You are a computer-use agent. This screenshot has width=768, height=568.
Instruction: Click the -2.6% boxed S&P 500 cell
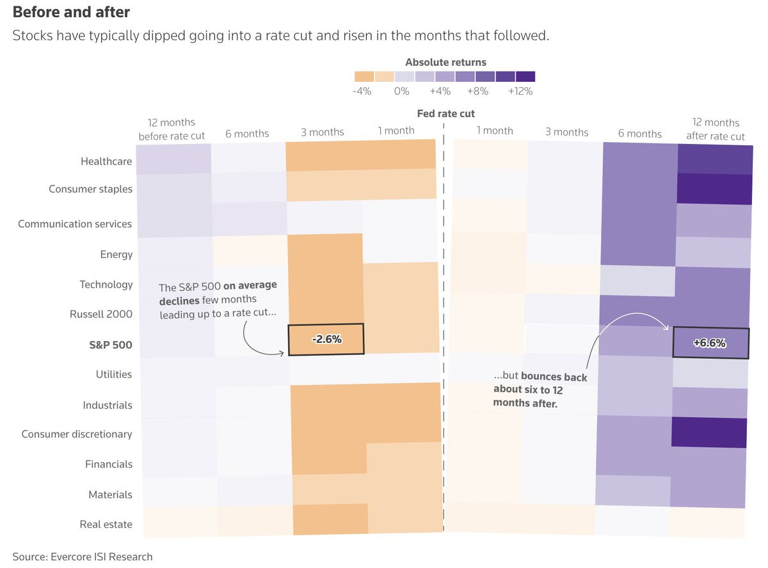326,339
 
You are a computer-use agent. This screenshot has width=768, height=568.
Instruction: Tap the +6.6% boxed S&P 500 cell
710,343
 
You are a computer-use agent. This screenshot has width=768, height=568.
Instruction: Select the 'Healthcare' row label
106,161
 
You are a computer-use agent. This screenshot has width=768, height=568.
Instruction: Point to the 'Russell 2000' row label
101,314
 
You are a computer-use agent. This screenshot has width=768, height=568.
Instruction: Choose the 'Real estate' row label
106,525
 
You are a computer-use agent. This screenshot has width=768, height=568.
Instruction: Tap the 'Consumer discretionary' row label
77,434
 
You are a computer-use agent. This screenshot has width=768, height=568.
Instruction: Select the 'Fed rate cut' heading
445,114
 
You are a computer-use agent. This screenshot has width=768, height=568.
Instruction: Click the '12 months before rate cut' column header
171,129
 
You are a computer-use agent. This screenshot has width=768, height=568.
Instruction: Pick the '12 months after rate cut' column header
716,129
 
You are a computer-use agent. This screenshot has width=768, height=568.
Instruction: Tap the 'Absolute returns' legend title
445,62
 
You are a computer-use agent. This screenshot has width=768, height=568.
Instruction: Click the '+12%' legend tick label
520,91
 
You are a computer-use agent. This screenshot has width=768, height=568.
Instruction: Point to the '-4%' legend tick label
362,91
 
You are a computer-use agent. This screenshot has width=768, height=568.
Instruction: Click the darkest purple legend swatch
525,77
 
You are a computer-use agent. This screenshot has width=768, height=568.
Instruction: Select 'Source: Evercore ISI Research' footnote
83,556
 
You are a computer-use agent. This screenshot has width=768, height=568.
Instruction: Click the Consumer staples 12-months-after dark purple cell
714,189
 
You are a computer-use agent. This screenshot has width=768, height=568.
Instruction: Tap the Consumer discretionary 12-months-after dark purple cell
709,433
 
